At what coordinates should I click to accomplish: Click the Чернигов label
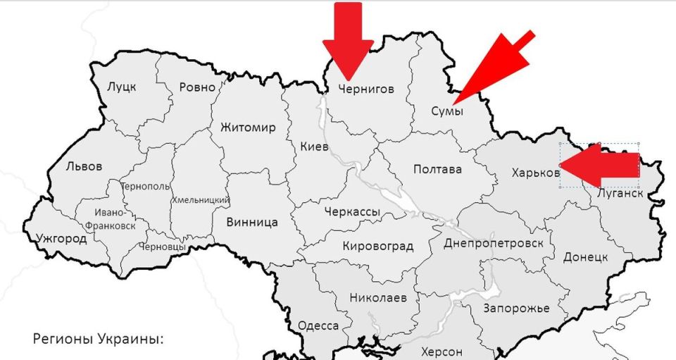point(365,89)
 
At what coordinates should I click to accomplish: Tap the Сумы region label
point(446,111)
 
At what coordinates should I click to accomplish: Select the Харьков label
point(536,172)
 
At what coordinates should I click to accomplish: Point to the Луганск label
point(619,192)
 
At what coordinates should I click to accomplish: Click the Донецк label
point(584,257)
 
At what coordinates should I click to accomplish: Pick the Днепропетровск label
point(494,243)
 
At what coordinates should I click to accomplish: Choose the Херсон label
point(442,352)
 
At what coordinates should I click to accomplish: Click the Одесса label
point(318,325)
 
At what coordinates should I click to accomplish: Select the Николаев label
point(378,297)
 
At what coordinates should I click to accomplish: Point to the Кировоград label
point(377,246)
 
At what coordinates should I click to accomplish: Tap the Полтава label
point(437,170)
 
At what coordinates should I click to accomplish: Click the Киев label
point(314,147)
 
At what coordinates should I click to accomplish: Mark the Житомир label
point(248,128)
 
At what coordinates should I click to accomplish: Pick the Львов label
point(84,167)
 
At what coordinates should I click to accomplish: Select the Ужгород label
point(62,239)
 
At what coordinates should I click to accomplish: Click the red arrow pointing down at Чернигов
point(348,39)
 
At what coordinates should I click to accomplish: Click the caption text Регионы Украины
point(98,339)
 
